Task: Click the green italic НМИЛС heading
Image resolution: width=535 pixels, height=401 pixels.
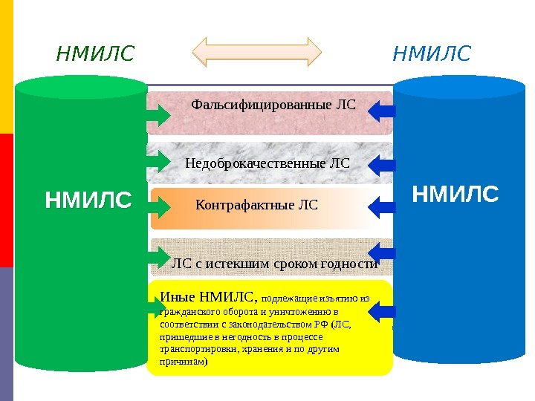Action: [96, 53]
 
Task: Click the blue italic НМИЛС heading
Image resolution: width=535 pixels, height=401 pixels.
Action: [432, 53]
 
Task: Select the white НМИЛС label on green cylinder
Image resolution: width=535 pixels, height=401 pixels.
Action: [88, 200]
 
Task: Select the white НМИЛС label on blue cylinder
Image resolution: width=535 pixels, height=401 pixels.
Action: [455, 195]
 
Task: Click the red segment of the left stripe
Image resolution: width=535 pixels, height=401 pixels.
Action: [6, 200]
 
